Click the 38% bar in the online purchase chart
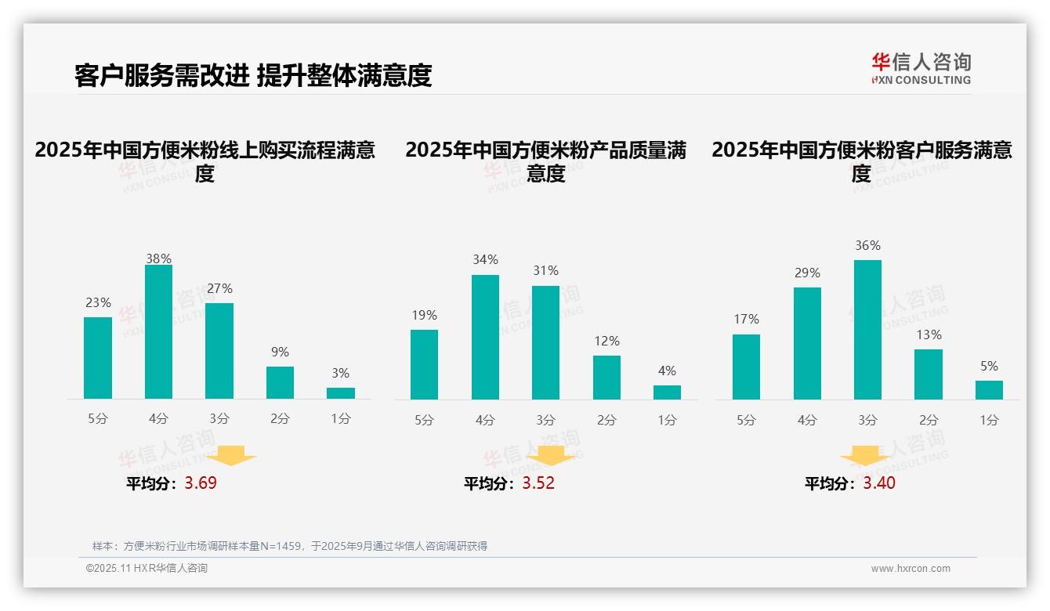coord(158,332)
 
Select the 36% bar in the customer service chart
coord(867,330)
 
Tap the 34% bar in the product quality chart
coord(485,337)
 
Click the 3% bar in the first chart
coord(341,393)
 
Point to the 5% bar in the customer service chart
coord(989,390)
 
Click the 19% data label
coord(424,315)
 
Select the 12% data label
coord(606,341)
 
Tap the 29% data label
coord(807,273)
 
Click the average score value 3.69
coord(201,483)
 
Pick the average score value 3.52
coord(538,483)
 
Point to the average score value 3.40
coord(879,483)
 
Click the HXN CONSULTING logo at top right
coord(921,69)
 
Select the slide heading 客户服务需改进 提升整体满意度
coord(253,75)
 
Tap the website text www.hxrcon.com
coord(911,569)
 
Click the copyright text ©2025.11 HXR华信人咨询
coord(147,569)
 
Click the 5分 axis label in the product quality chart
coord(424,421)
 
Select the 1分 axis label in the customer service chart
coord(989,421)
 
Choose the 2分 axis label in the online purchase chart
coord(280,419)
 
